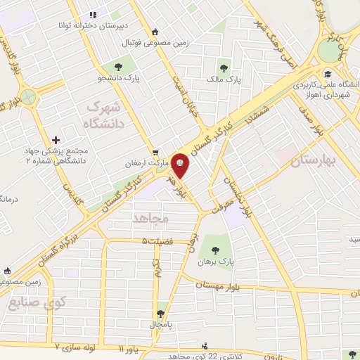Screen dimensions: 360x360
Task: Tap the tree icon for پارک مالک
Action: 224,68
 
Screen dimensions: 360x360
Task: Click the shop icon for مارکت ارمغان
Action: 156,152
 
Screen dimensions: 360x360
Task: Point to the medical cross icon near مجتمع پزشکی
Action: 56,141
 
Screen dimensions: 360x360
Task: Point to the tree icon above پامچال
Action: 160,314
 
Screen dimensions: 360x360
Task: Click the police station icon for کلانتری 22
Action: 205,345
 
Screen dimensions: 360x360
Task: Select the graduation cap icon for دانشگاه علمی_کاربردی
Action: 327,73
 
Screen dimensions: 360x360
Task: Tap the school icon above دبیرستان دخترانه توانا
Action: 91,15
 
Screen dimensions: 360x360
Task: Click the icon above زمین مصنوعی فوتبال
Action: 155,32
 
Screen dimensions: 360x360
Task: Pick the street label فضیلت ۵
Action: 155,241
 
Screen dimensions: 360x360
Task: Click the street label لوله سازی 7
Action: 78,347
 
